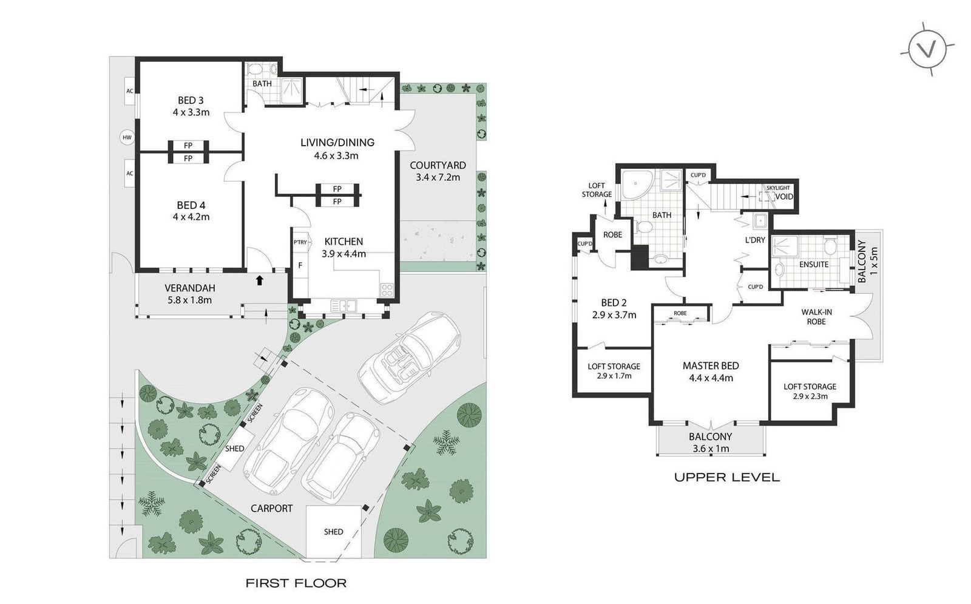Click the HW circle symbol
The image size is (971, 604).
click(x=127, y=138)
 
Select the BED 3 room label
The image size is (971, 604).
click(x=191, y=101)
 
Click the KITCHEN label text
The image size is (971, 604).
click(x=343, y=242)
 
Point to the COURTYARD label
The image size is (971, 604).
click(x=438, y=165)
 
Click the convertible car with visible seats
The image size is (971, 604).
click(x=410, y=358)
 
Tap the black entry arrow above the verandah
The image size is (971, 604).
click(x=259, y=280)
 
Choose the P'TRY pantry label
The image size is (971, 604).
click(x=300, y=242)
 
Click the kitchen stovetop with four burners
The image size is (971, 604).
click(x=387, y=290)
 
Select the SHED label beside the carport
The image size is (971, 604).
click(x=234, y=449)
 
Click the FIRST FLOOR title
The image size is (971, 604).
click(x=296, y=583)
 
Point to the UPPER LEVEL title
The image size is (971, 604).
click(x=727, y=477)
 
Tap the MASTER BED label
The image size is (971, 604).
click(x=711, y=366)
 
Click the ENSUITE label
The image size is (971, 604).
click(x=814, y=265)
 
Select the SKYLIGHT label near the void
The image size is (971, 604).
click(x=778, y=188)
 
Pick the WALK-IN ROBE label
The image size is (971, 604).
click(x=816, y=317)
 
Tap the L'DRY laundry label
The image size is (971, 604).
click(x=755, y=240)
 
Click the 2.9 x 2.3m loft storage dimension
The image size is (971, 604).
click(x=810, y=396)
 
